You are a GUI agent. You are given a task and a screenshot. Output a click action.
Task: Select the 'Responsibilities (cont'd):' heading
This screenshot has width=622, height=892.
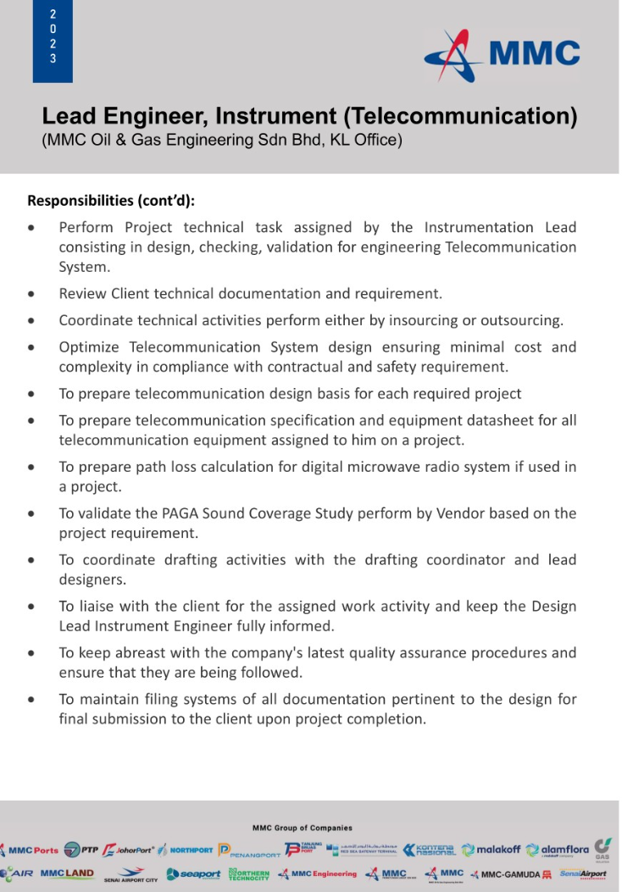(x=111, y=201)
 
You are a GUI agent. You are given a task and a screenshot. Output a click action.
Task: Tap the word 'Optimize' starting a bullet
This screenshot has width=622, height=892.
(x=90, y=347)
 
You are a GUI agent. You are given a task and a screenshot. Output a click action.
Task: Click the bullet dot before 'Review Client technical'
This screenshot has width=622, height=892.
(x=31, y=295)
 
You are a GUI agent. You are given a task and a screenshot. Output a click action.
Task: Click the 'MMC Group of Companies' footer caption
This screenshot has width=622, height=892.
(x=303, y=828)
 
